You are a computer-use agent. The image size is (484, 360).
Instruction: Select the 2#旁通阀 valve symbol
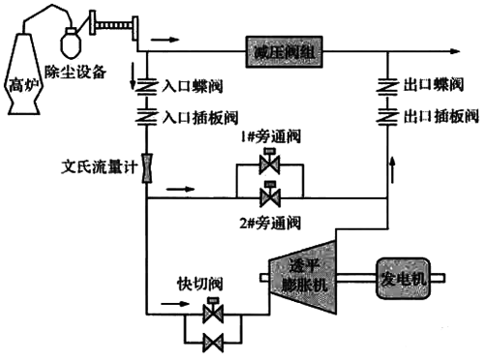pos(268,196)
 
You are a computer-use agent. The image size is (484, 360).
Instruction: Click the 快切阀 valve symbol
pos(211,313)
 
